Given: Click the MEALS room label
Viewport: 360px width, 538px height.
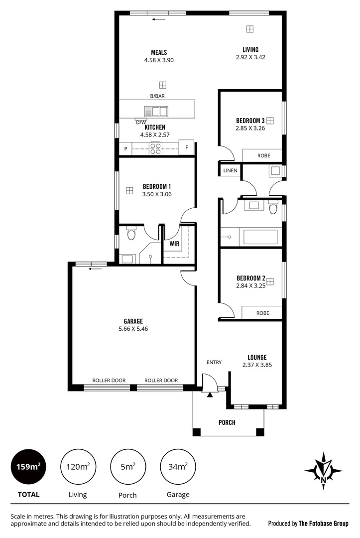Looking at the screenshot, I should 159,52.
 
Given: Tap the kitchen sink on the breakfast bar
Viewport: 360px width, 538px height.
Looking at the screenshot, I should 156,111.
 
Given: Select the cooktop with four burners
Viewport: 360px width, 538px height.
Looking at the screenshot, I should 155,147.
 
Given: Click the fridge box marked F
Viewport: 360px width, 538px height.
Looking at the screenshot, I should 186,147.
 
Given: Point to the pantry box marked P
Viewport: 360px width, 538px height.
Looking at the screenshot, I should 125,148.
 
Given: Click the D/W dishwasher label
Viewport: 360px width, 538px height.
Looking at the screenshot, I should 141,122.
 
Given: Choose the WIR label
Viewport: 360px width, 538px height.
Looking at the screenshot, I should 174,244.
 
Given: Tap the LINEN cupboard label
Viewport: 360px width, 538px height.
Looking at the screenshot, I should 230,170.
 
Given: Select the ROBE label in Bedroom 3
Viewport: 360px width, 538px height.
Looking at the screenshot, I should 263,155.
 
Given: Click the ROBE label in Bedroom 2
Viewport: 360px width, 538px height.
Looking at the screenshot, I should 262,313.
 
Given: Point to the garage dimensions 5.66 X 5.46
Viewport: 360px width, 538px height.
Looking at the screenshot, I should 133,329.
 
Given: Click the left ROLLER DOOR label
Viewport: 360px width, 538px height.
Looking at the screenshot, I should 109,380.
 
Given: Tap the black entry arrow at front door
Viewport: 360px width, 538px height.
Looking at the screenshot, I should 210,395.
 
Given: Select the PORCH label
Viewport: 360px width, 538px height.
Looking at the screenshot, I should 227,422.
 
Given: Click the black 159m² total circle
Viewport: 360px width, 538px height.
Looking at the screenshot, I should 28,467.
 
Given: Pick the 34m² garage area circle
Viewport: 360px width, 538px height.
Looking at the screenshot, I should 178,467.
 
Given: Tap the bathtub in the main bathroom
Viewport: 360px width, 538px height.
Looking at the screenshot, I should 260,237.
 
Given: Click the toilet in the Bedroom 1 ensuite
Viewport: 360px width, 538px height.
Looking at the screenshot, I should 131,233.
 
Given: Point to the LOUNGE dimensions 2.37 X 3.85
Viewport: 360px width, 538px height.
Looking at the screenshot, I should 257,365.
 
